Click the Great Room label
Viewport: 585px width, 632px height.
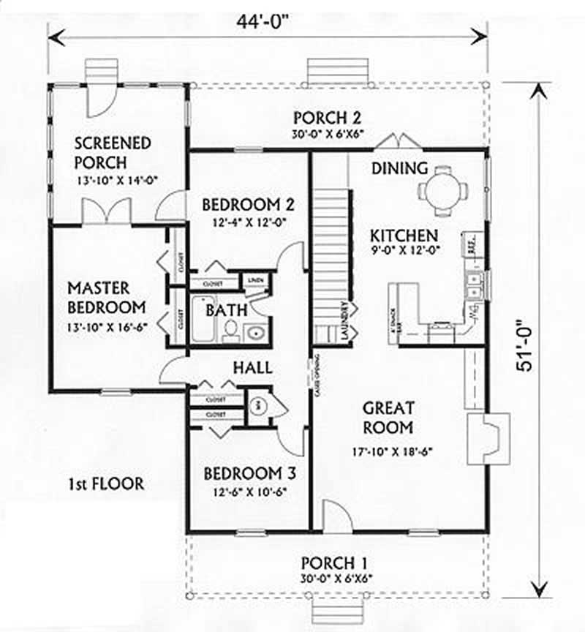[388, 417]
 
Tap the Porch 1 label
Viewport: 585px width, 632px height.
[334, 563]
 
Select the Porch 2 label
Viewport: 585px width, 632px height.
[328, 118]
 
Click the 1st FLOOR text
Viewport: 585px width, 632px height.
[106, 483]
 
